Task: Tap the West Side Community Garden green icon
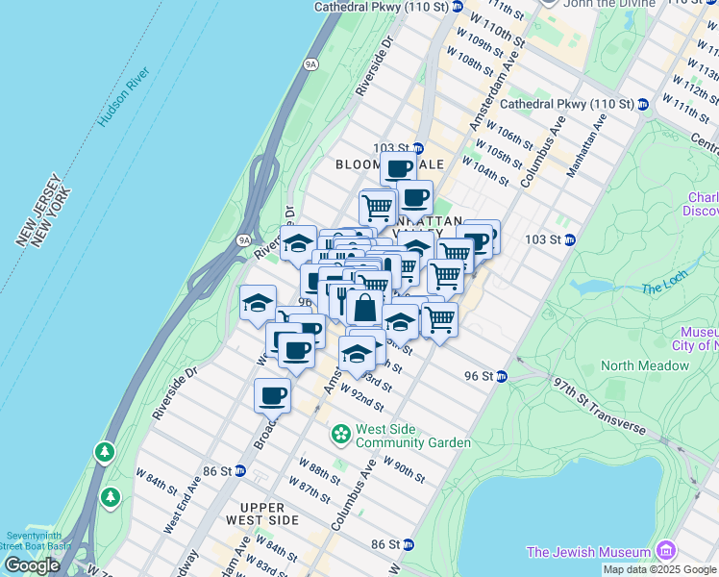[x=339, y=436]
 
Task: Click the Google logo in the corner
[x=32, y=564]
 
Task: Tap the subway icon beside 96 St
[x=501, y=376]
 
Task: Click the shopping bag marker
[x=364, y=309]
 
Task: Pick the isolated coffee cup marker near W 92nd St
[x=273, y=394]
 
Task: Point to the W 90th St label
[x=404, y=467]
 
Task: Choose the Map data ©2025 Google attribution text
[x=659, y=569]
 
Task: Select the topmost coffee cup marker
[x=398, y=168]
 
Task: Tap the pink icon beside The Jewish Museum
[x=666, y=551]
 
